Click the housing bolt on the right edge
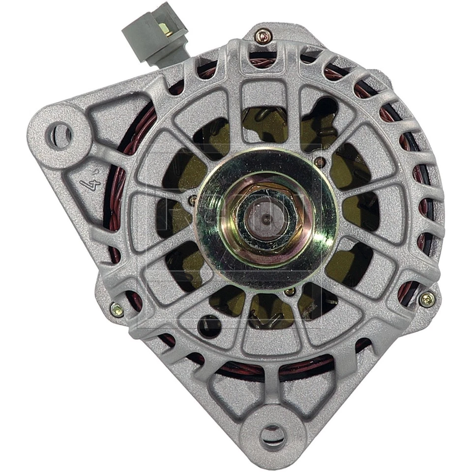click(426, 298)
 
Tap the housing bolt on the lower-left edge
click(117, 309)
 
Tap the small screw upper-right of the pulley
click(320, 161)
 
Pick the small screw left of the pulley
click(193, 201)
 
